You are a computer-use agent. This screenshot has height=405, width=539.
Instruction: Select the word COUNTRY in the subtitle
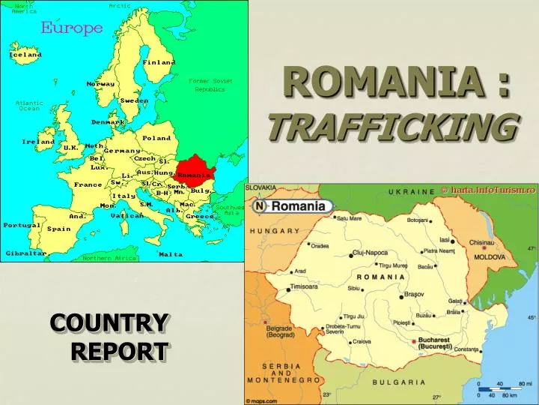point(109,323)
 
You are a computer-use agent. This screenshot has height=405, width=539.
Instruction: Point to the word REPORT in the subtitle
point(120,350)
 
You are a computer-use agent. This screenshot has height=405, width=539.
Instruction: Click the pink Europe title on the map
point(71,28)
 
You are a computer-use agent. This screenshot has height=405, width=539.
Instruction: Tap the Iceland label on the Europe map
point(25,55)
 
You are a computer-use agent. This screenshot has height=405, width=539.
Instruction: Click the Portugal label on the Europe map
point(21,225)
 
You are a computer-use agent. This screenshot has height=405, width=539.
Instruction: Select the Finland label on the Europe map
point(159,62)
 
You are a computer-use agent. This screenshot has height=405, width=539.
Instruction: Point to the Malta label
point(170,254)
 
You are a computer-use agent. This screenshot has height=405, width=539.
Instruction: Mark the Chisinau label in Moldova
point(487,243)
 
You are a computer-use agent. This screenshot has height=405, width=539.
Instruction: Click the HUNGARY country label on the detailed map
point(275,231)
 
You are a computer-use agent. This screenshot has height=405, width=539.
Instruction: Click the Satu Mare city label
point(350,218)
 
